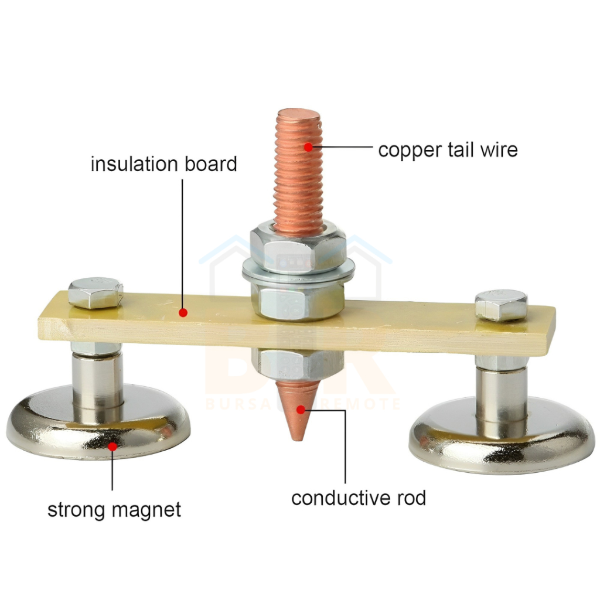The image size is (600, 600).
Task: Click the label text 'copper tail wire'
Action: [448, 149]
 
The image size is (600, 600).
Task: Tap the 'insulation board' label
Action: [163, 164]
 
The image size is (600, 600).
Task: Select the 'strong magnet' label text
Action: [114, 509]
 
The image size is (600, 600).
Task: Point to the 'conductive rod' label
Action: [358, 498]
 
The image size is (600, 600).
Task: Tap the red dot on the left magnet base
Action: [112, 446]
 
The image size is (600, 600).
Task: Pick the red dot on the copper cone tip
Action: [300, 409]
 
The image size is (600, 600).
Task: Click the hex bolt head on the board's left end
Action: [96, 293]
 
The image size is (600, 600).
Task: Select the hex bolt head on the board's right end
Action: [500, 304]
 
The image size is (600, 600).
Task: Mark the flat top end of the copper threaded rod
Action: [299, 115]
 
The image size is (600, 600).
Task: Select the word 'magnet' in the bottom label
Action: [146, 509]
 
